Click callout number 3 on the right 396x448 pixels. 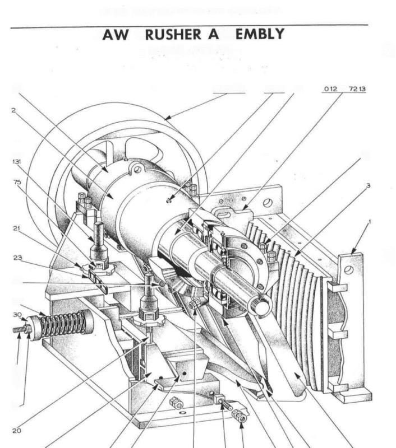[368, 184]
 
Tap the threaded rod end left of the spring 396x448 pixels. [20, 330]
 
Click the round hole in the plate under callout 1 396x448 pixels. [348, 270]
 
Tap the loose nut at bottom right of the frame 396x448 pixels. [241, 417]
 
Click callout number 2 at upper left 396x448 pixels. [13, 110]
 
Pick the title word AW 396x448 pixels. [116, 35]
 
